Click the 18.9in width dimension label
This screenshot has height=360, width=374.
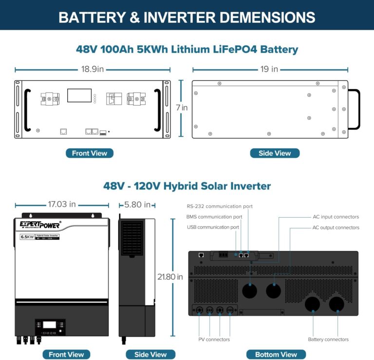(93, 70)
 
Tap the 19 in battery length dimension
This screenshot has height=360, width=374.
(269, 70)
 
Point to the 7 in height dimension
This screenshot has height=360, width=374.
(182, 108)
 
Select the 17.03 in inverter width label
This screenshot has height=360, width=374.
(61, 205)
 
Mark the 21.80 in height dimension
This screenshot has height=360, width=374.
(170, 277)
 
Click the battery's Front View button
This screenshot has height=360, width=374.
(90, 153)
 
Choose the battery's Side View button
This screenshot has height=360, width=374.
(275, 153)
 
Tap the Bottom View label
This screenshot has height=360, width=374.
(276, 354)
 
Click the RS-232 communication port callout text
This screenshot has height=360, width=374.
(220, 207)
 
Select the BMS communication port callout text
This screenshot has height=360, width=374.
(214, 217)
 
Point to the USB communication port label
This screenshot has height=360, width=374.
(213, 227)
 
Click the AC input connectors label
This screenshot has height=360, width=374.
(336, 217)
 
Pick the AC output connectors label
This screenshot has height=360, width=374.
(336, 227)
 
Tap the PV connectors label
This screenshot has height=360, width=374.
(214, 339)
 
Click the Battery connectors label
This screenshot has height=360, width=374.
(328, 339)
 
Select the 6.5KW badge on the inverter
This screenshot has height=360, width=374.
(26, 237)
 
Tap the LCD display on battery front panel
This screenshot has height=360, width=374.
(79, 95)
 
